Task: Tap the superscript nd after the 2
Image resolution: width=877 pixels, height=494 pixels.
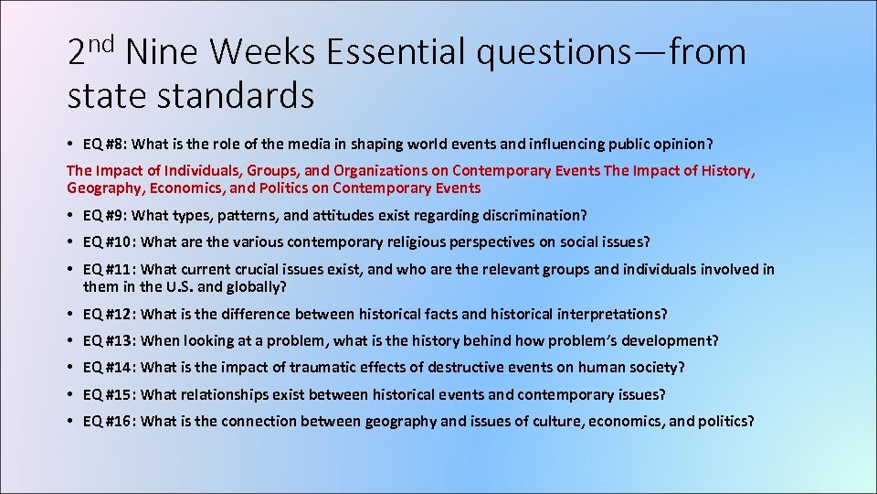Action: pos(103,42)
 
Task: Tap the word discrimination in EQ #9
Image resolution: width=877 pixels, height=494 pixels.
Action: pos(539,215)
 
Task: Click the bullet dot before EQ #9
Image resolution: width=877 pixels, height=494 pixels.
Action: pos(70,215)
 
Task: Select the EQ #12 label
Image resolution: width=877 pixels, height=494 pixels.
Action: pos(110,314)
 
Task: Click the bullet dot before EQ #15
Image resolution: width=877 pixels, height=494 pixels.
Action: pos(70,394)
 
